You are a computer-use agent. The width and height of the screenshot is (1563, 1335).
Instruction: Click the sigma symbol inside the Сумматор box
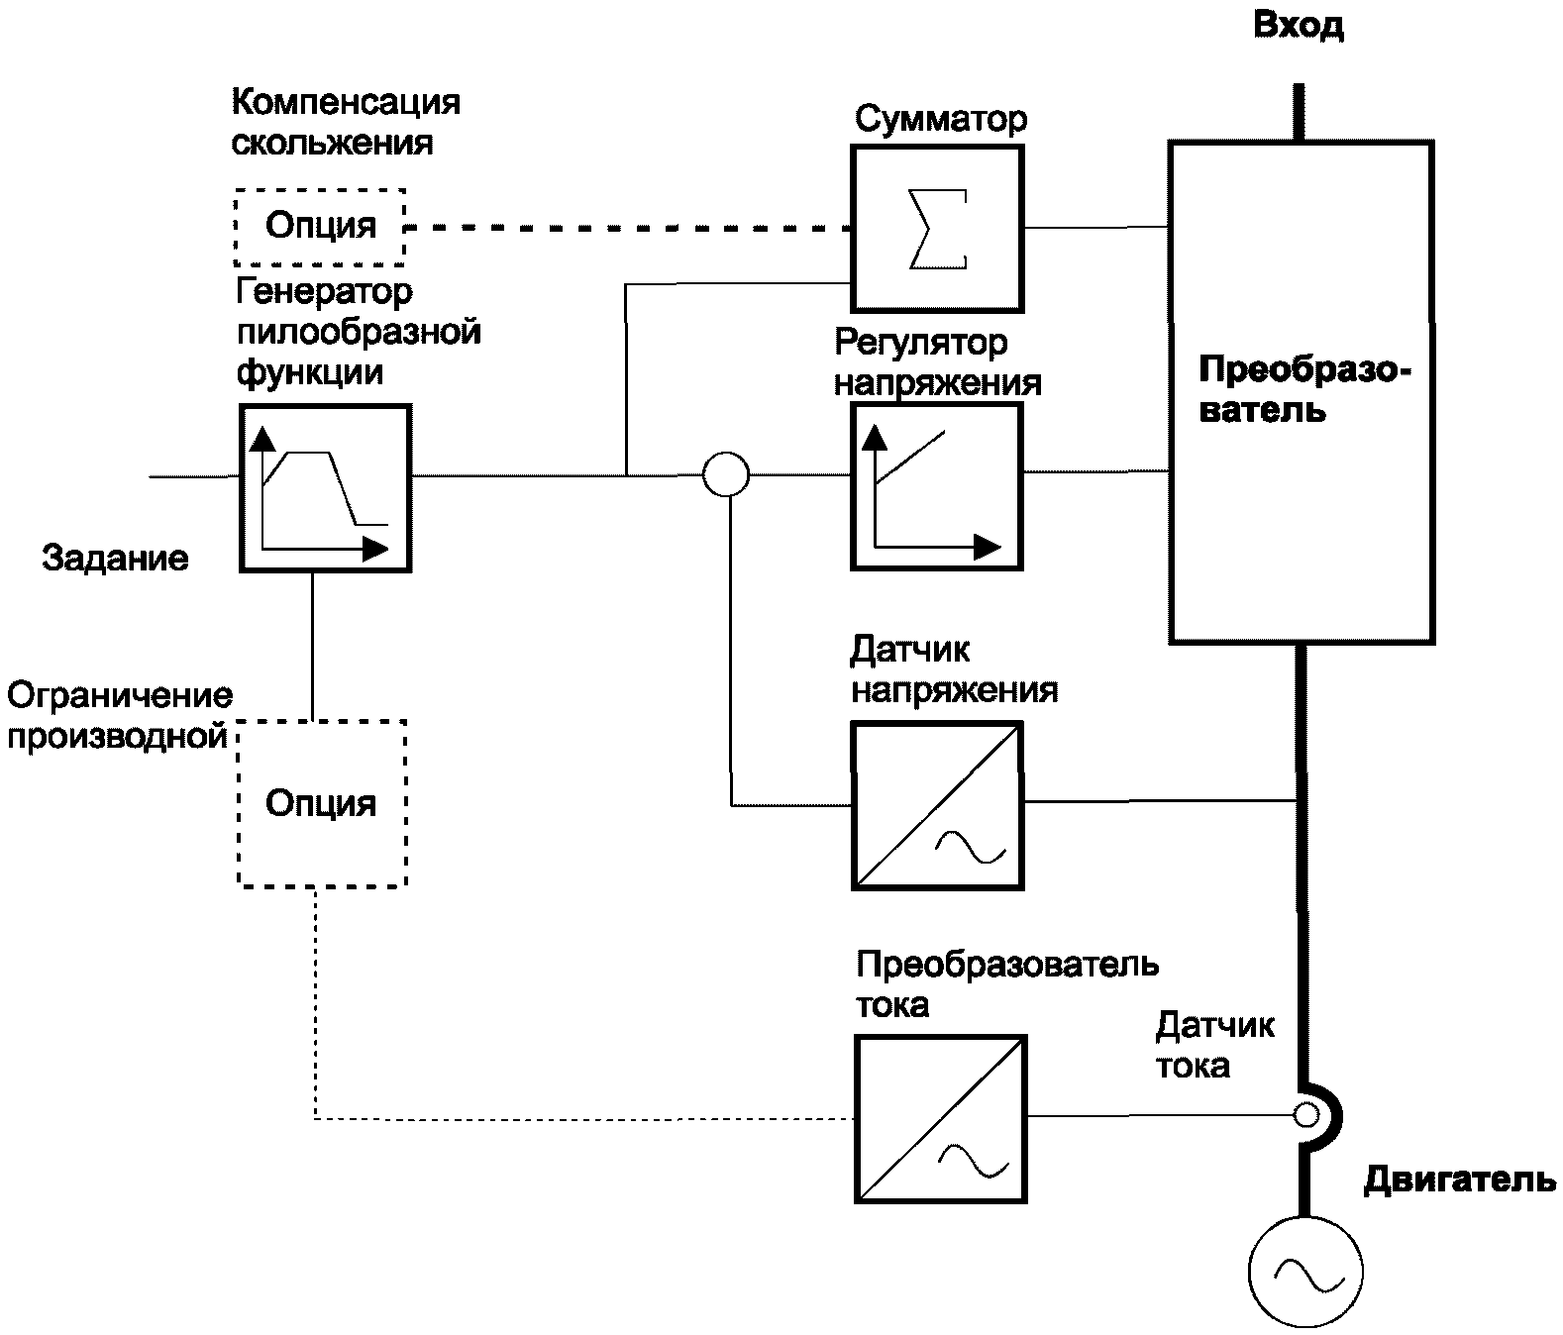[937, 229]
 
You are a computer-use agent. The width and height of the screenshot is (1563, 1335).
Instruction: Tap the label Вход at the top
[1298, 26]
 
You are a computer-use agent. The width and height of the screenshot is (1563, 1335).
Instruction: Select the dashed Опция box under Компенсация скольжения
[320, 227]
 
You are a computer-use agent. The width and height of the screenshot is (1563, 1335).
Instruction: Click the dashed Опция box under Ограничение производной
[322, 803]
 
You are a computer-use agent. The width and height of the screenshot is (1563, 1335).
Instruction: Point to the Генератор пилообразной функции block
[325, 488]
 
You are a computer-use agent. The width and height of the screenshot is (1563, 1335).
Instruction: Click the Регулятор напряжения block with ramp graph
[936, 488]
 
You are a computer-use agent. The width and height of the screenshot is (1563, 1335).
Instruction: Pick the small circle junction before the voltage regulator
[726, 474]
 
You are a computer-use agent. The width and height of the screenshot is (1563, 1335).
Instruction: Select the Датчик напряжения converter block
[937, 805]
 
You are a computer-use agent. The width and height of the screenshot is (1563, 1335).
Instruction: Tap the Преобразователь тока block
[940, 1119]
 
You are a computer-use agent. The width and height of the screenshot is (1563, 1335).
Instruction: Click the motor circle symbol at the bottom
[1304, 1272]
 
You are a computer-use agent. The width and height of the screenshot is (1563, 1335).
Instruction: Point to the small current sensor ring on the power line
[1306, 1116]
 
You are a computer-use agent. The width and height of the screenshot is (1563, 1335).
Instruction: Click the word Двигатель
[1459, 1181]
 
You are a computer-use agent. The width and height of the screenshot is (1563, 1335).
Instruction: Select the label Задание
[115, 559]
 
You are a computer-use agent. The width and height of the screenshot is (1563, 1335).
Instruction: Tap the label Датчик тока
[1214, 1046]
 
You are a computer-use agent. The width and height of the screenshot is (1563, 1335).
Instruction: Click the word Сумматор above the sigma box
[941, 120]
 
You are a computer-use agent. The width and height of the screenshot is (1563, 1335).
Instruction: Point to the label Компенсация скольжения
[345, 122]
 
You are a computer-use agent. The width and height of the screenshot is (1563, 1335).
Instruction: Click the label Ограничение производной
[119, 715]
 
